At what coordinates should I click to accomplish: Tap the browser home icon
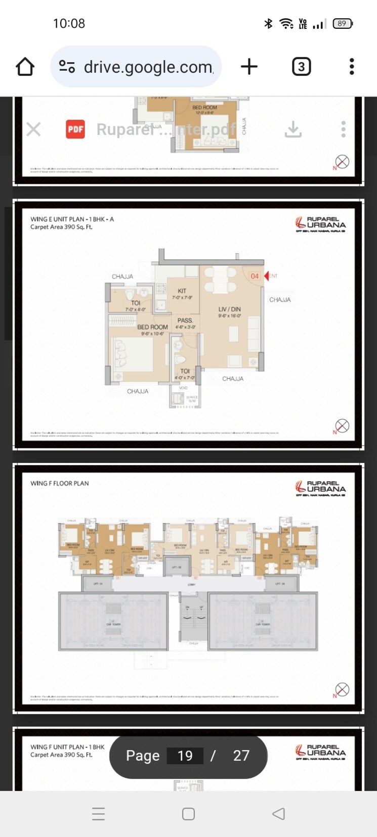[25, 67]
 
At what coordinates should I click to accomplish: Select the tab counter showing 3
[301, 67]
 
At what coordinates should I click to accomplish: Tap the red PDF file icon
[75, 129]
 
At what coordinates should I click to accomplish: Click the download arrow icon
[293, 129]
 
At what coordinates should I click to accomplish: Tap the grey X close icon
[33, 129]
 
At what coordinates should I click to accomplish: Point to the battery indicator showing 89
[343, 23]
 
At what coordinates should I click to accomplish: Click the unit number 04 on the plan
[255, 276]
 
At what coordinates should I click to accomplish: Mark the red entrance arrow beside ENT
[266, 276]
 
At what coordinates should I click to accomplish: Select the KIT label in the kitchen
[182, 291]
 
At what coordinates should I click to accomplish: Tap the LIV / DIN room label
[229, 309]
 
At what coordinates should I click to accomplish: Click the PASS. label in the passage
[185, 320]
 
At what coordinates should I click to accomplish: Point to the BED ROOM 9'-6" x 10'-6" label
[152, 330]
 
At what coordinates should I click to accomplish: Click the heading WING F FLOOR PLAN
[60, 483]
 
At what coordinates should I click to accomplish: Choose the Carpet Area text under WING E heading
[61, 227]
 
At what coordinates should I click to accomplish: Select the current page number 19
[185, 756]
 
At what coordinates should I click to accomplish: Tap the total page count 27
[241, 756]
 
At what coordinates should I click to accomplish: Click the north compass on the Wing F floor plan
[342, 689]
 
